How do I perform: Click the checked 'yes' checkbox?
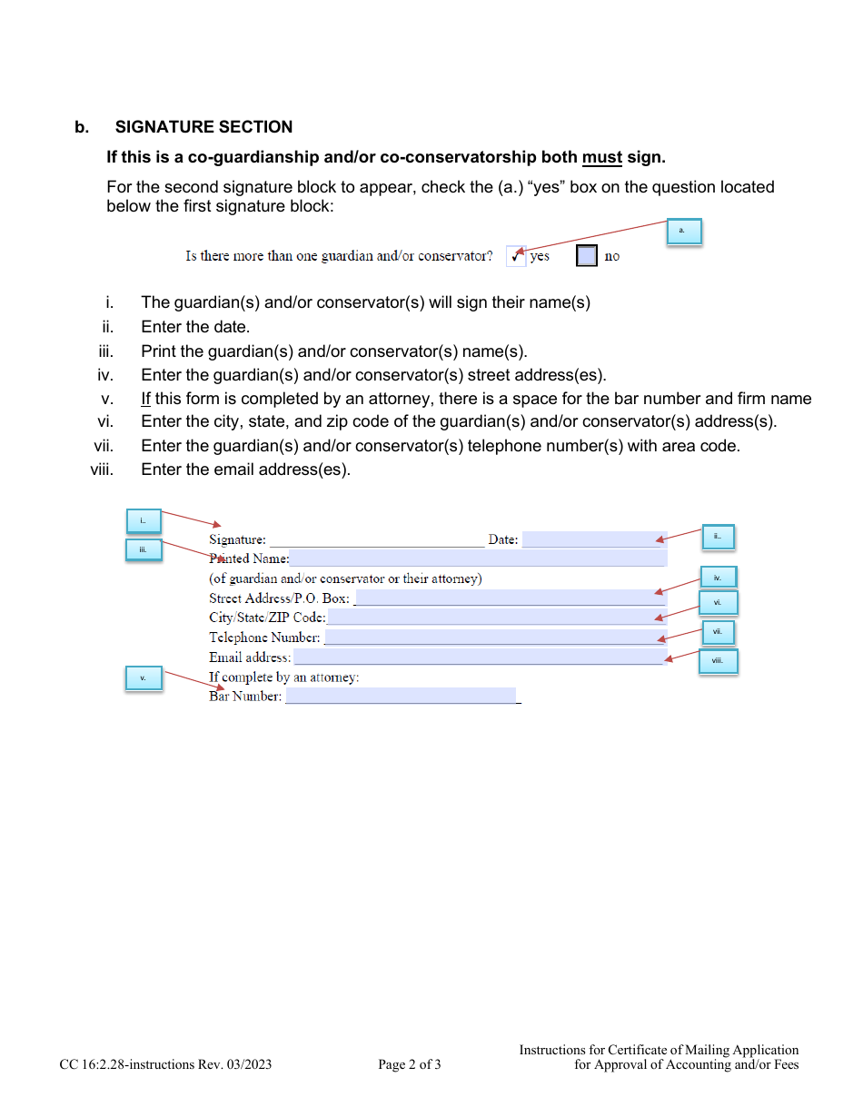[516, 256]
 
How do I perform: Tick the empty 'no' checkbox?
[587, 256]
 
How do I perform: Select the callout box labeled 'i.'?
[143, 520]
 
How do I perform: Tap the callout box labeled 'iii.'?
[143, 549]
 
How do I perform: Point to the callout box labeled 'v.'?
[143, 678]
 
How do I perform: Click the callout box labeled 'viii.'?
[718, 660]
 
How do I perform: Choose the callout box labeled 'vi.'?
[718, 602]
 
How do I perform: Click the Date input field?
[594, 539]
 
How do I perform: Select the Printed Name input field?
[478, 558]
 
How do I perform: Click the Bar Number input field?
[401, 697]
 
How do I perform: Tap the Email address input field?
[479, 657]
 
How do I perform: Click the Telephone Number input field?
[494, 638]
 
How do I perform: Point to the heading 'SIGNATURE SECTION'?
[203, 127]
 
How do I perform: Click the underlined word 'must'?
[601, 157]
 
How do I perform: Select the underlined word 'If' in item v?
[146, 399]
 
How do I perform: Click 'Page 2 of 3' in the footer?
[410, 1064]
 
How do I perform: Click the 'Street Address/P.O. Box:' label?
[279, 598]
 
